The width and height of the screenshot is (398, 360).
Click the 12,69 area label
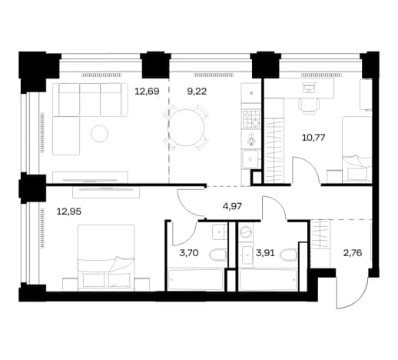147,92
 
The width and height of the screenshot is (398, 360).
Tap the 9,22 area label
197,92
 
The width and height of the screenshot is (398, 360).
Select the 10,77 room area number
313,138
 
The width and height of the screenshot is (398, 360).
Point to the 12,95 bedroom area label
69,212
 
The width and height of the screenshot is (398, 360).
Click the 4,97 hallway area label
232,206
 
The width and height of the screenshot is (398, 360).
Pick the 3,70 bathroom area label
189,253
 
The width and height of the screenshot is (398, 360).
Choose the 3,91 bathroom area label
265,253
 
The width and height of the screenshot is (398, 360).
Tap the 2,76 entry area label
353,253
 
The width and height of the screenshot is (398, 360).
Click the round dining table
186,128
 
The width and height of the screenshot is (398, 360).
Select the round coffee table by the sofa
99,134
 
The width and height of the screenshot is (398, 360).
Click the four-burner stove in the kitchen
250,118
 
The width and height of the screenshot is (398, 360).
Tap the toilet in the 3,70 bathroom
218,255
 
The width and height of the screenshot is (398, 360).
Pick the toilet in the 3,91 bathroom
289,255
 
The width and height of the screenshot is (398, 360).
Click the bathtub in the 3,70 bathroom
195,279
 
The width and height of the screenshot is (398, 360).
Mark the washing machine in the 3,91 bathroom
246,232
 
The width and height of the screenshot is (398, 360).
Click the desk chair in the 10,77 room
309,105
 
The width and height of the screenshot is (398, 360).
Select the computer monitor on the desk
309,87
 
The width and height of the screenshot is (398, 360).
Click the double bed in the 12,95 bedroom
106,258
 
